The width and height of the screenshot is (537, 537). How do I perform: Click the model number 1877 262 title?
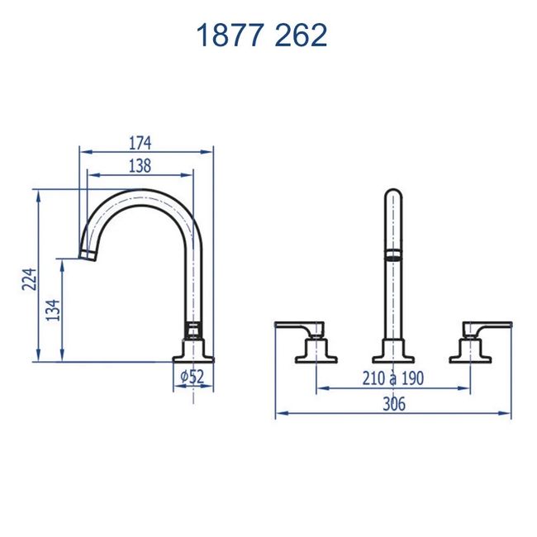pyautogui.click(x=261, y=36)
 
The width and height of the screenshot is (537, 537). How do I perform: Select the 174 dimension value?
pyautogui.click(x=140, y=143)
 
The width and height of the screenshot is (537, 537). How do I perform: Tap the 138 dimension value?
pyautogui.click(x=140, y=166)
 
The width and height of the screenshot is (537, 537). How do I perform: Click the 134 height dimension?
pyautogui.click(x=52, y=310)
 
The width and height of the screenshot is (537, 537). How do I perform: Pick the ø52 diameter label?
pyautogui.click(x=192, y=377)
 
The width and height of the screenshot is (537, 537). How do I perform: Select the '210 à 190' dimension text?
pyautogui.click(x=392, y=378)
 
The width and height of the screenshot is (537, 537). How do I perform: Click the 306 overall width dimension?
pyautogui.click(x=392, y=404)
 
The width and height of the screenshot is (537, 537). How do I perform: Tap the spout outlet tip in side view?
pyautogui.click(x=88, y=252)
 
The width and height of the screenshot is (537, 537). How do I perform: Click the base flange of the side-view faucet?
pyautogui.click(x=192, y=357)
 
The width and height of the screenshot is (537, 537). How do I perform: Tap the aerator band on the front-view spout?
pyautogui.click(x=393, y=255)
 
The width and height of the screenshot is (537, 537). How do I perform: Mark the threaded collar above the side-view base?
pyautogui.click(x=192, y=332)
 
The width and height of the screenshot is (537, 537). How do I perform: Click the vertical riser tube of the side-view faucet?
pyautogui.click(x=192, y=281)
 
